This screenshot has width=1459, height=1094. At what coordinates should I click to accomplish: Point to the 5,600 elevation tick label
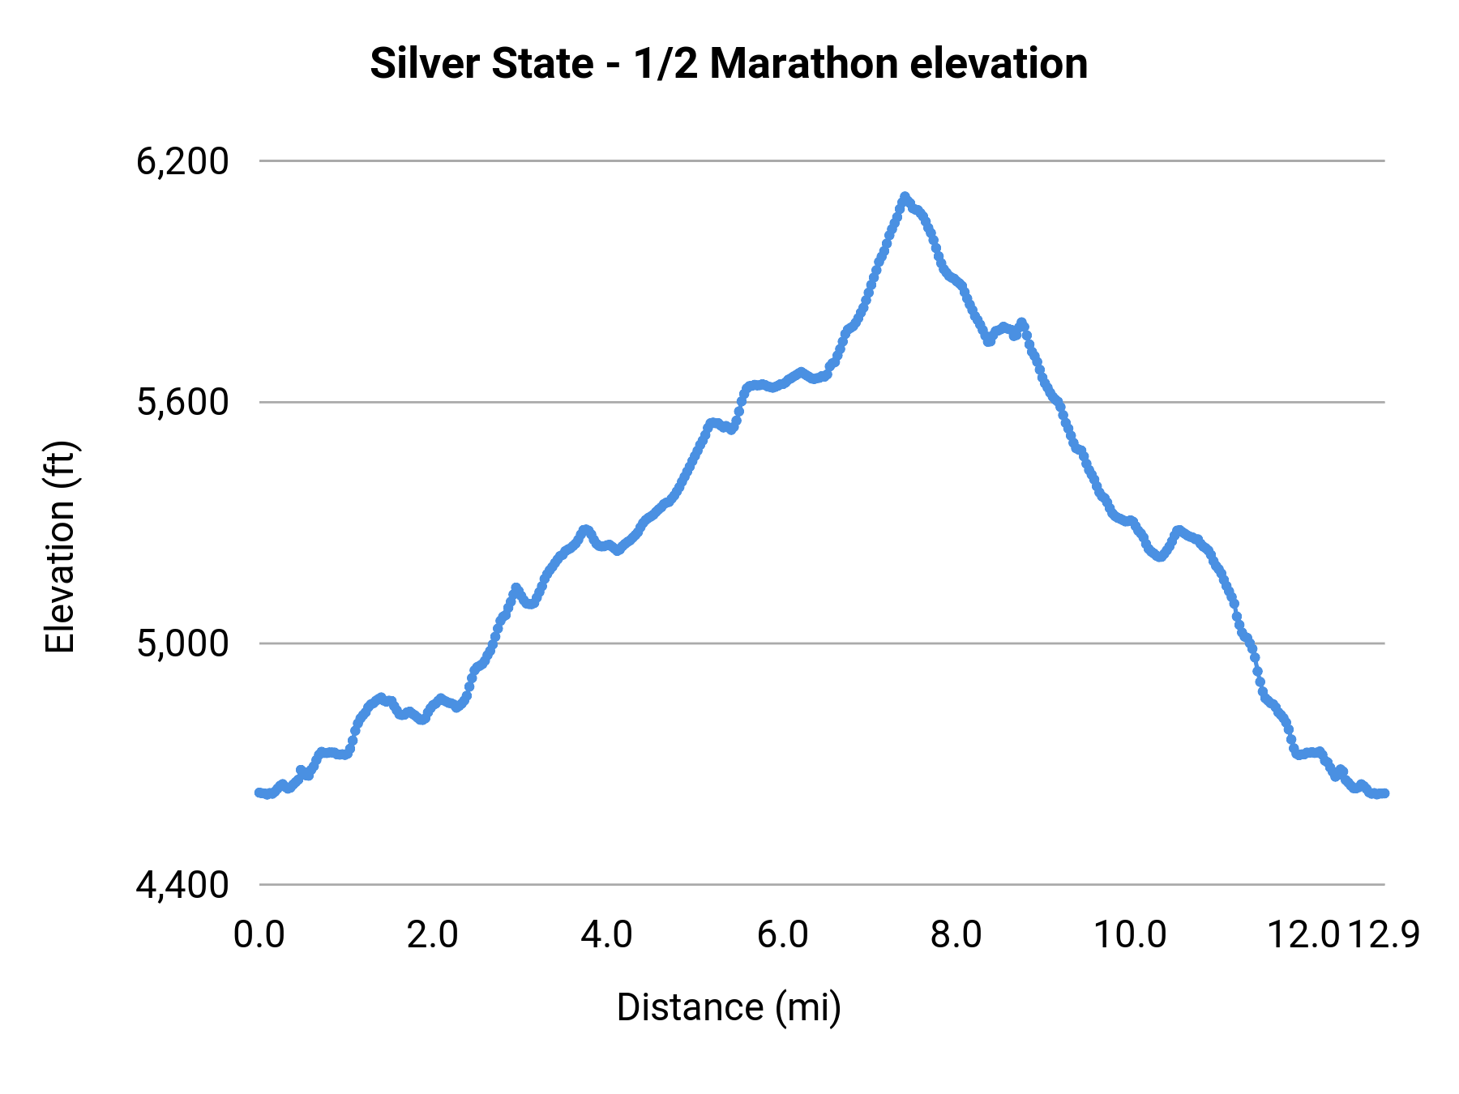point(182,403)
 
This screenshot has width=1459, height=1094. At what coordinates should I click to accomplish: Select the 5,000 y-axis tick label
point(182,644)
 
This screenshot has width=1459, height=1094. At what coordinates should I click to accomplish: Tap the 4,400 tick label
point(182,885)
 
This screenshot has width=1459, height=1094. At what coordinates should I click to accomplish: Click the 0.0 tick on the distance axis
point(259,935)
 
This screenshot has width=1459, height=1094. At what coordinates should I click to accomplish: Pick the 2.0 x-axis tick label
point(433,935)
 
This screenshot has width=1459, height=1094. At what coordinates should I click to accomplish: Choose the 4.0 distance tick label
point(607,935)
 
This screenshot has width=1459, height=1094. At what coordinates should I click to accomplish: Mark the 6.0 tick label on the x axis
point(782,935)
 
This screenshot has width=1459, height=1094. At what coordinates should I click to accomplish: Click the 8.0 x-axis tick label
point(956,935)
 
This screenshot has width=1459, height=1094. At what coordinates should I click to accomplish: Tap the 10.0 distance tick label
point(1130,935)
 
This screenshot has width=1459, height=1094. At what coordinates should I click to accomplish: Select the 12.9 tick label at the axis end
point(1384,935)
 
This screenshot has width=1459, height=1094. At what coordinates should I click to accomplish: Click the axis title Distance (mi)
point(729,1007)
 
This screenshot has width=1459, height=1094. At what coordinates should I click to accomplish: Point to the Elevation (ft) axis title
point(60,547)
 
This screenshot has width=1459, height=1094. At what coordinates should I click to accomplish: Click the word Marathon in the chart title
point(803,64)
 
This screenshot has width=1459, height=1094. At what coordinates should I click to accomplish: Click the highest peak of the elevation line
point(905,196)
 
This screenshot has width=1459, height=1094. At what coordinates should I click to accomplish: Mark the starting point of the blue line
point(259,792)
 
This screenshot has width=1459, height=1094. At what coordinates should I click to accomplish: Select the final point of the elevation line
point(1384,793)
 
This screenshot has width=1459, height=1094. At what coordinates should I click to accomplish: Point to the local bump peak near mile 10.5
point(1178,529)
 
